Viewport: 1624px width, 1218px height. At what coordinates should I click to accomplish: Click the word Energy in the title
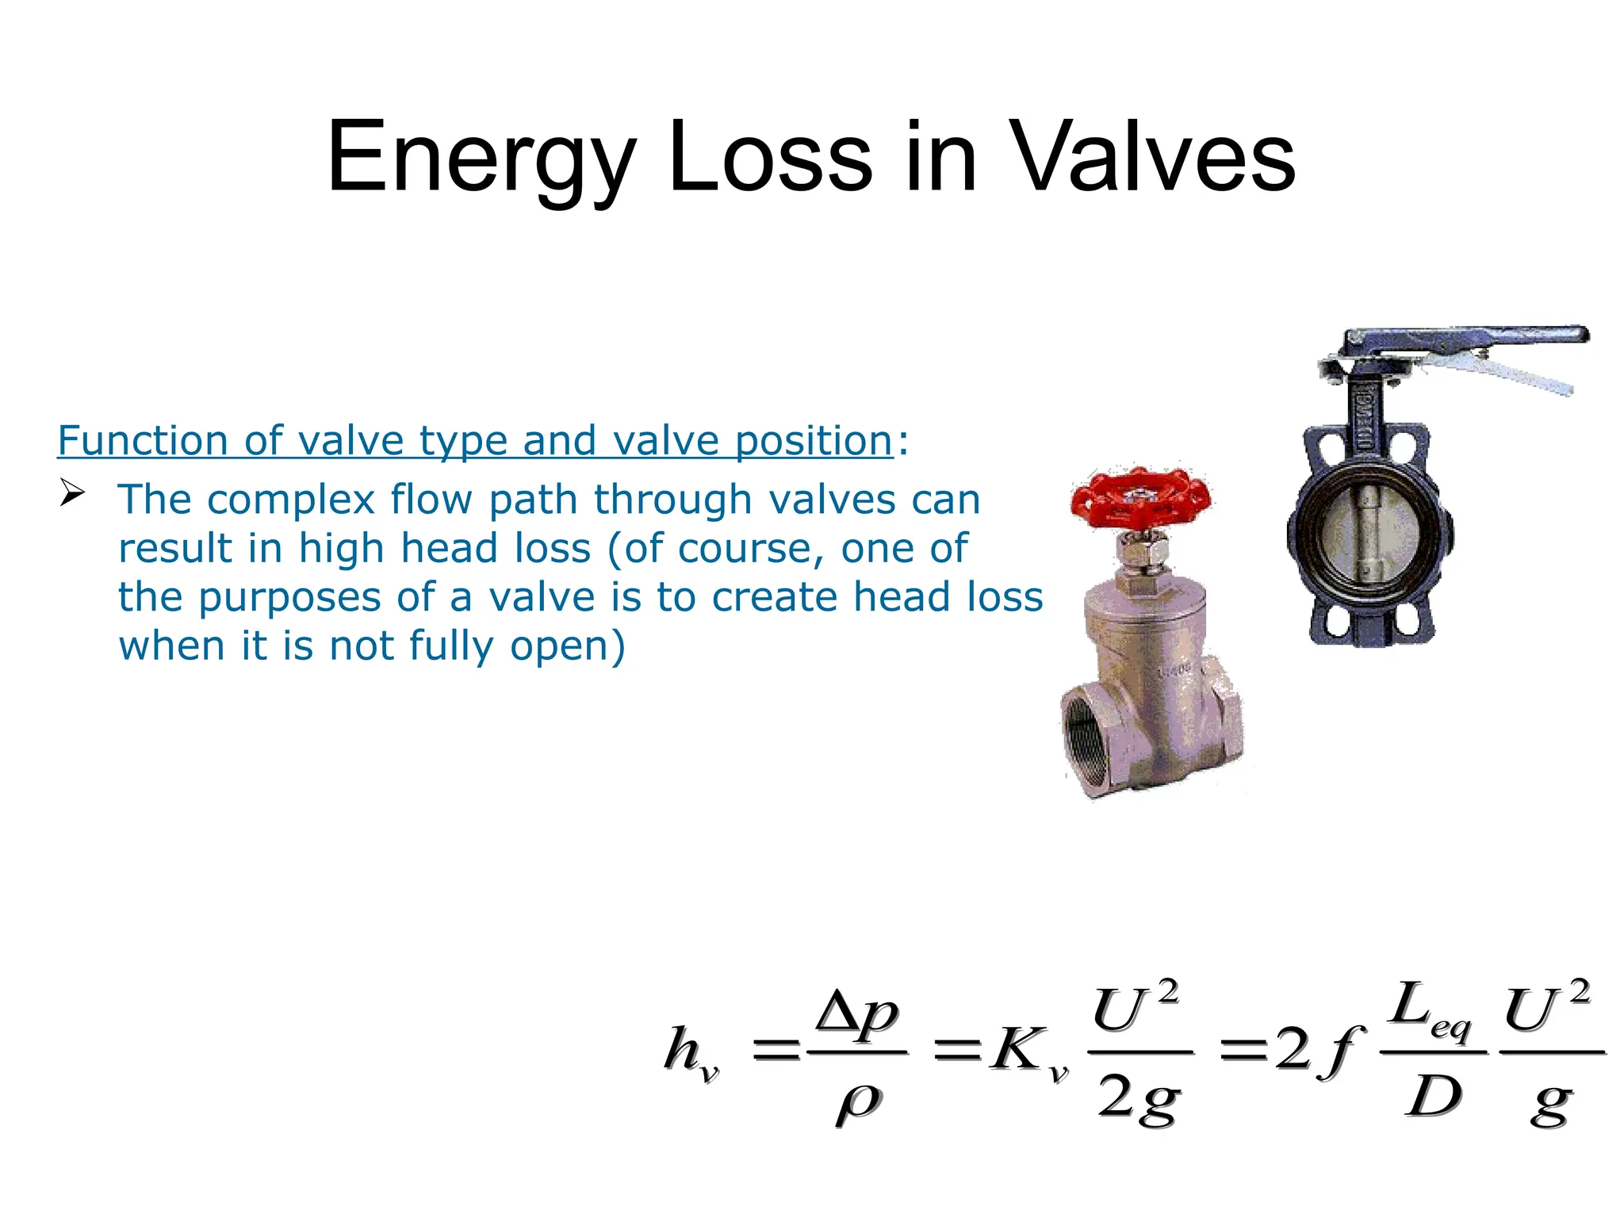pyautogui.click(x=481, y=158)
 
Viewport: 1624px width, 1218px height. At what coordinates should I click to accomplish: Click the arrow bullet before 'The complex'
pyautogui.click(x=72, y=494)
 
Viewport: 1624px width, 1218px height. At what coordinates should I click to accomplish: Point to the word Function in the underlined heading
pyautogui.click(x=143, y=441)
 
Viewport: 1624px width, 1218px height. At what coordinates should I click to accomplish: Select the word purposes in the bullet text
pyautogui.click(x=290, y=598)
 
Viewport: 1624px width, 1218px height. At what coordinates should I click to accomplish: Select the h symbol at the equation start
pyautogui.click(x=684, y=1048)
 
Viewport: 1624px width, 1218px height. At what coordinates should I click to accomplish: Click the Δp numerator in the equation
pyautogui.click(x=857, y=1014)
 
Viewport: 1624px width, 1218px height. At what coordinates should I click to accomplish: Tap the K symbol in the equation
pyautogui.click(x=1017, y=1050)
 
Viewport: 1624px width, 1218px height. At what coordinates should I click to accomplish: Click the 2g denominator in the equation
pyautogui.click(x=1139, y=1100)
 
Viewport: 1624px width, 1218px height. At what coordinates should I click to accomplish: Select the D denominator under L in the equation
pyautogui.click(x=1434, y=1098)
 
